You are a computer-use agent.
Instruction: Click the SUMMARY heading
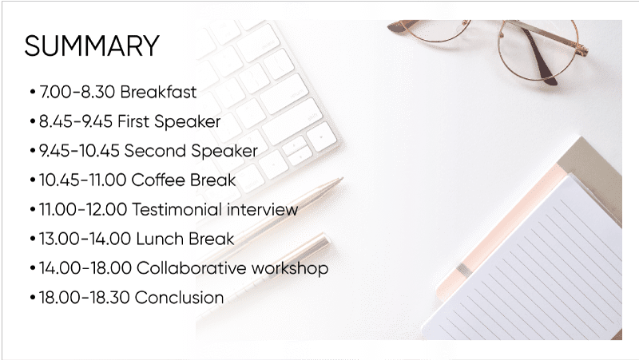point(92,45)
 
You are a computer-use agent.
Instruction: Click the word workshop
point(288,268)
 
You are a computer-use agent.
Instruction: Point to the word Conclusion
point(179,298)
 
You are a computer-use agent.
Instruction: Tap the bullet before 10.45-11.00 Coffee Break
point(31,180)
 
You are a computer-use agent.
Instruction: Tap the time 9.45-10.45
point(80,151)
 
